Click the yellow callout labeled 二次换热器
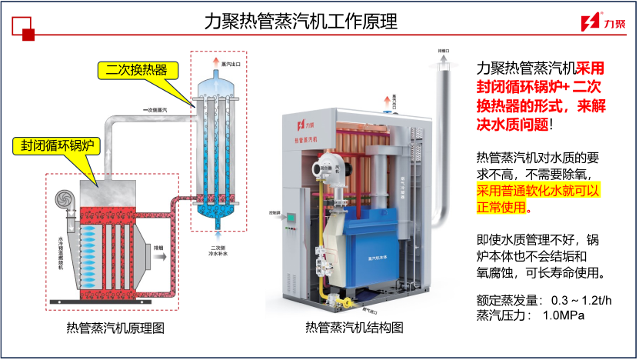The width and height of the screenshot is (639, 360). [137, 70]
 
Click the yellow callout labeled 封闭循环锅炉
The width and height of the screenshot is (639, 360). [57, 145]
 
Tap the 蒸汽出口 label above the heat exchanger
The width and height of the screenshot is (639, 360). [231, 63]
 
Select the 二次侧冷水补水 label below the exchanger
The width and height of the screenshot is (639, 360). [219, 251]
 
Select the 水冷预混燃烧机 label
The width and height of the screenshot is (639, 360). [61, 254]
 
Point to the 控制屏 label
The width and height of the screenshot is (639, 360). [274, 212]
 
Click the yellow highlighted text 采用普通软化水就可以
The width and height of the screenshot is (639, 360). [538, 190]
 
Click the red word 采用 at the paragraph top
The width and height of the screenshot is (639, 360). [590, 68]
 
